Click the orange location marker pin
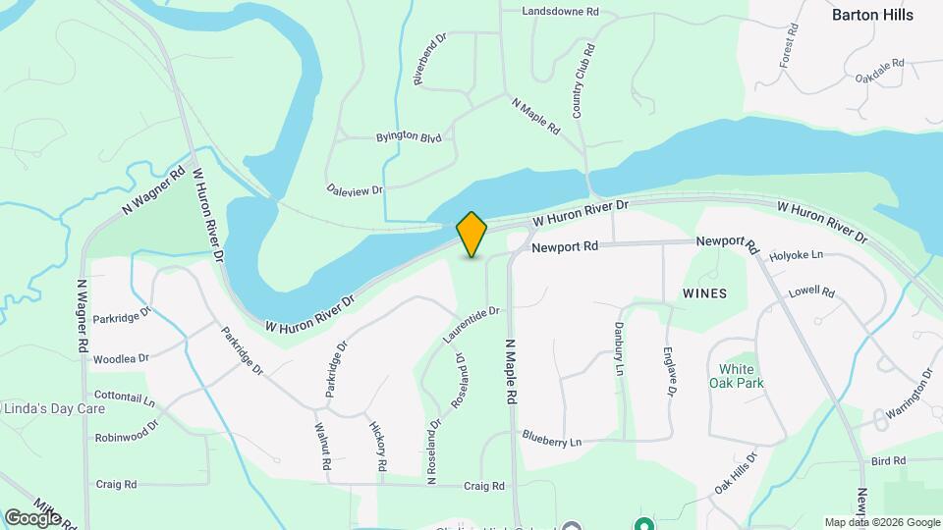(x=471, y=234)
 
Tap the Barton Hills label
(x=872, y=15)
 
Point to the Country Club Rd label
(x=583, y=81)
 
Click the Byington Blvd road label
(x=409, y=138)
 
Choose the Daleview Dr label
(x=355, y=188)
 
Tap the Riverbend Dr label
(x=430, y=59)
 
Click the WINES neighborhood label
(x=705, y=293)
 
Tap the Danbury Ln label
(x=619, y=349)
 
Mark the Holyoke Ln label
(x=796, y=255)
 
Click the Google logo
(x=31, y=516)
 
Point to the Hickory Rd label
(x=378, y=444)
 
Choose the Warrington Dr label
(x=908, y=396)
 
